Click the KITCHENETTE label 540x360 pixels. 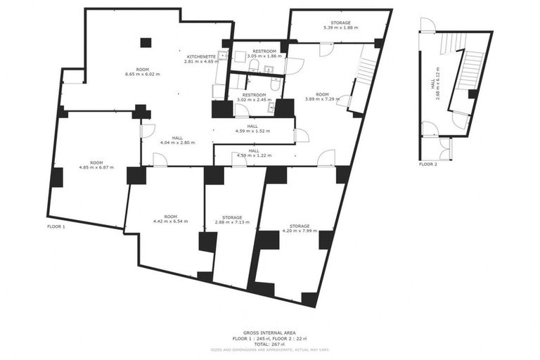(x=201, y=56)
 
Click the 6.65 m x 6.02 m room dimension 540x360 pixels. (x=142, y=74)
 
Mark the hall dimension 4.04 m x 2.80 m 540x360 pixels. (x=177, y=143)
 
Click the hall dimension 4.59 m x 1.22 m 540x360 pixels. (x=253, y=155)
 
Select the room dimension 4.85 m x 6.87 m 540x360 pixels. (x=96, y=167)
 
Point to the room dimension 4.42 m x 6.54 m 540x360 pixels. (x=170, y=221)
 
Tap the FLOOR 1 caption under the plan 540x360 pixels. (x=56, y=227)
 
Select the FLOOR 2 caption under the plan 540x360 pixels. (x=427, y=164)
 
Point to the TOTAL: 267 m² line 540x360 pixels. (x=269, y=344)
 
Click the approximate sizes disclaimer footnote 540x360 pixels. (x=269, y=349)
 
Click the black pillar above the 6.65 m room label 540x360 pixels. (x=146, y=42)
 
